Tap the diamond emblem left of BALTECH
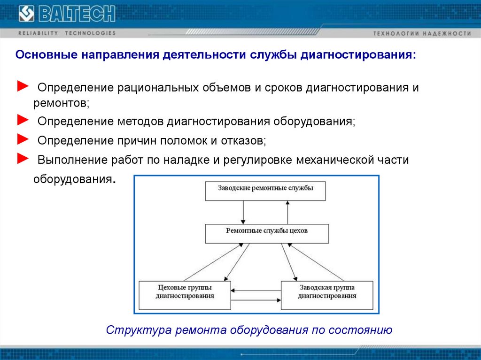pos(26,14)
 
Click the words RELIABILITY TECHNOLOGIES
pos(67,33)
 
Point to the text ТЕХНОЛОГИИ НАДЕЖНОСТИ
pos(422,34)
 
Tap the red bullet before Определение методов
pos(23,120)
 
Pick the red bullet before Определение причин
pos(23,139)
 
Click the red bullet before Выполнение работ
pos(23,159)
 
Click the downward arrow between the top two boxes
pos(243,212)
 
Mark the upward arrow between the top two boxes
pos(287,212)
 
